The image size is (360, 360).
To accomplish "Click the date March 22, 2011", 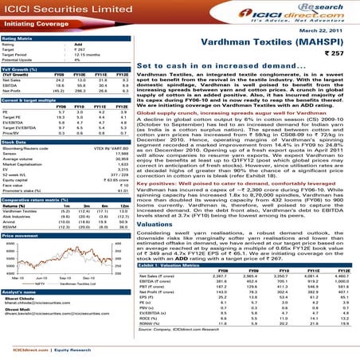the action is pos(331,30).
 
